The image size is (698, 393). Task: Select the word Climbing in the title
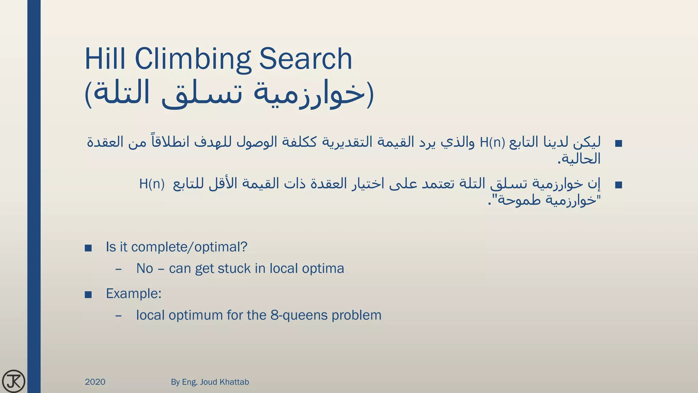193,59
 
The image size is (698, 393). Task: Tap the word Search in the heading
305,59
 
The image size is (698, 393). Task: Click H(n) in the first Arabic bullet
492,142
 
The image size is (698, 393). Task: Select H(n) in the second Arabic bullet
152,184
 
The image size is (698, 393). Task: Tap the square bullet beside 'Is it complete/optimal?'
88,248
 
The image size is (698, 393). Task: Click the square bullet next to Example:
88,294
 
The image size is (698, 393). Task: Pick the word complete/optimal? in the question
189,247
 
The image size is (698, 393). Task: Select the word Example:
134,293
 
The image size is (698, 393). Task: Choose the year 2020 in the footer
95,382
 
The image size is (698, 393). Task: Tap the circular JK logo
14,381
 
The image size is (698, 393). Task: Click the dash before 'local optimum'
118,316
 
